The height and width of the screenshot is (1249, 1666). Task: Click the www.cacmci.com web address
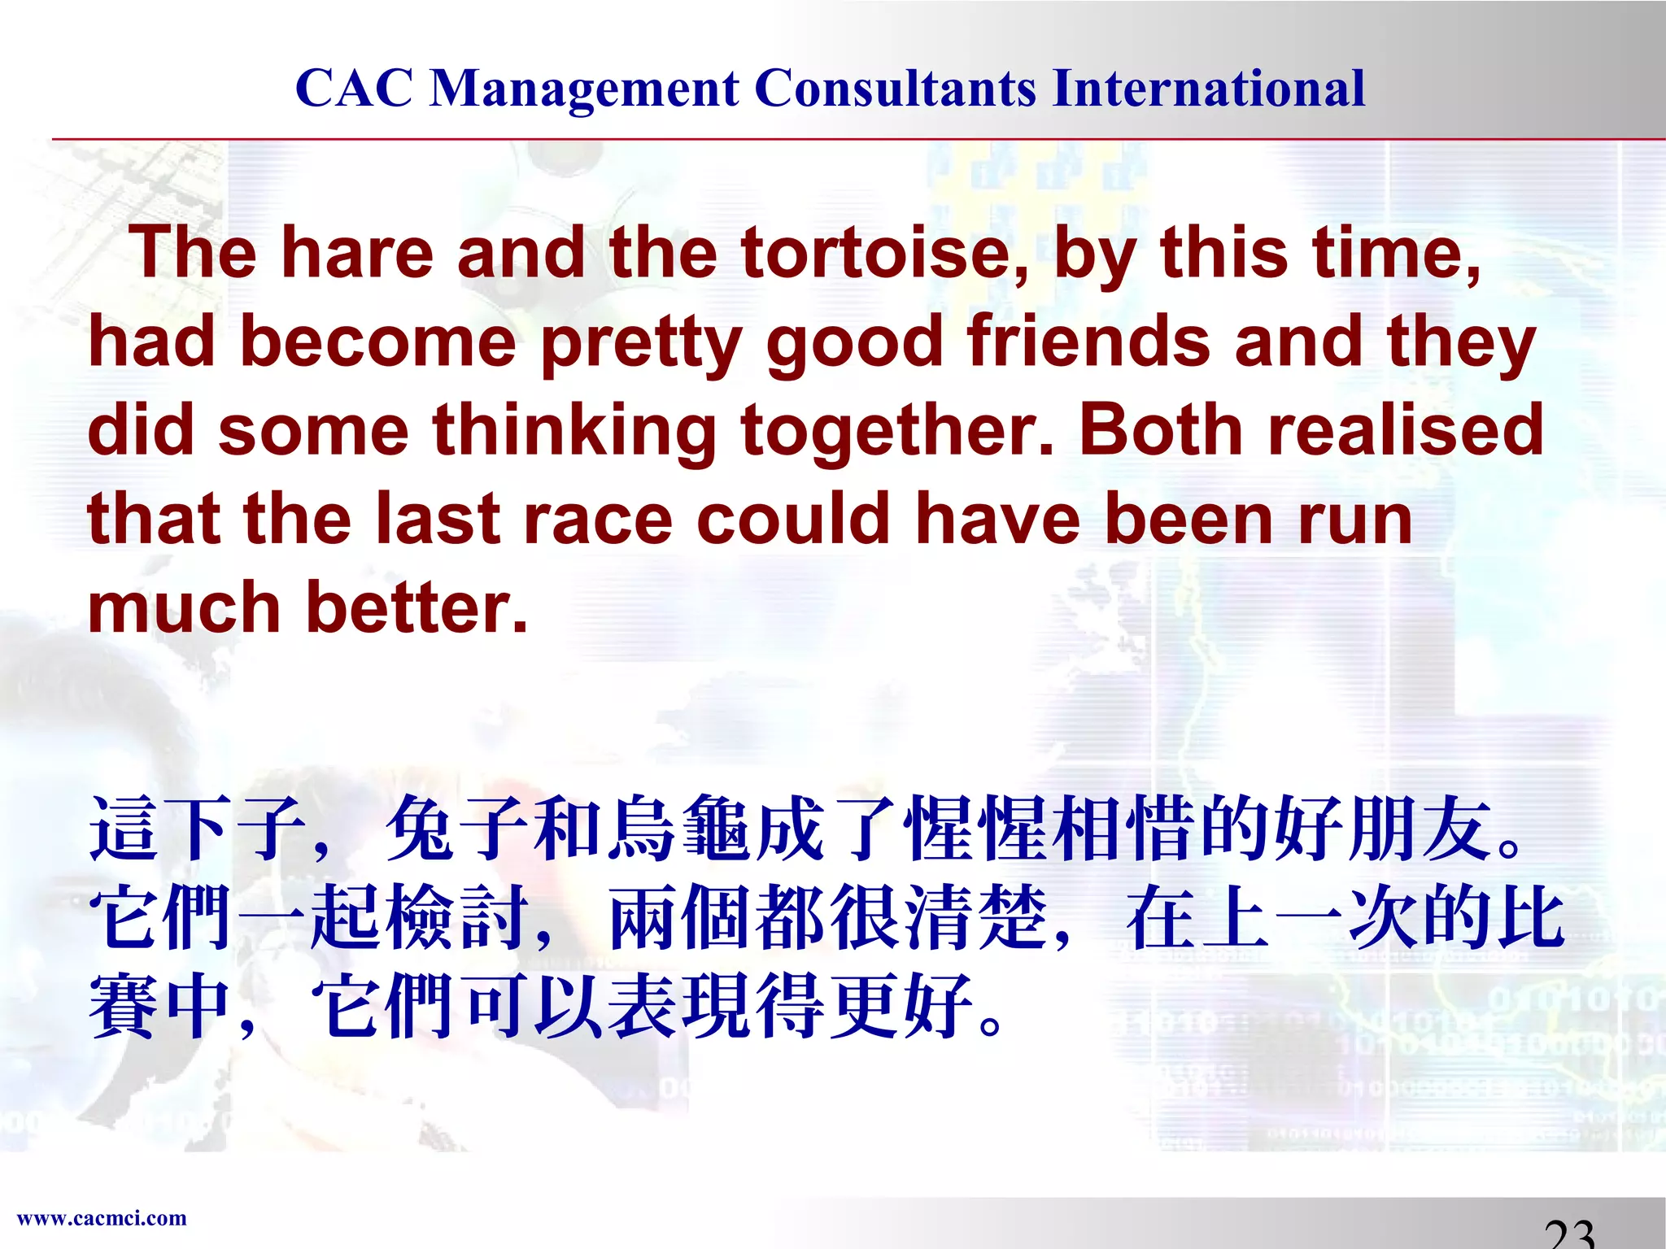pos(102,1218)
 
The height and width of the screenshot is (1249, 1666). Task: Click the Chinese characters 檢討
pos(460,919)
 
